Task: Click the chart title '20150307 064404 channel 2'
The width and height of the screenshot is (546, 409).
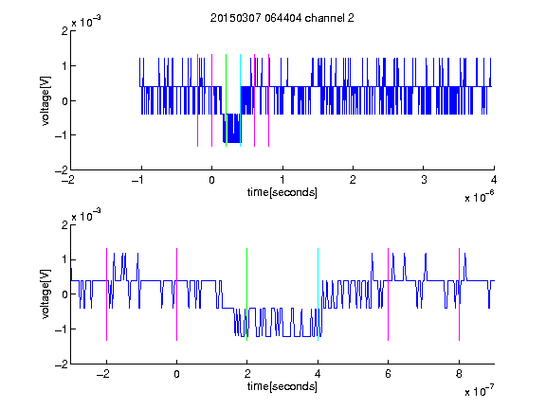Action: pyautogui.click(x=282, y=18)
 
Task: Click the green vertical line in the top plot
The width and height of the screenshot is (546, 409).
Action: pyautogui.click(x=226, y=100)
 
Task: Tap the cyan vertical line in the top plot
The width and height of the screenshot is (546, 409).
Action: pyautogui.click(x=240, y=100)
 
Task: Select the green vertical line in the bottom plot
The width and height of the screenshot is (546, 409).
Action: pyautogui.click(x=246, y=294)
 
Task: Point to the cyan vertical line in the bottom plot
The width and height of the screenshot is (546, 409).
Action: pyautogui.click(x=318, y=294)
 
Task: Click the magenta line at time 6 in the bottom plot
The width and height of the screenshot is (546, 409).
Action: pyautogui.click(x=389, y=294)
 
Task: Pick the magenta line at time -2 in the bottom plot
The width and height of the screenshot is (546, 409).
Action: pyautogui.click(x=106, y=294)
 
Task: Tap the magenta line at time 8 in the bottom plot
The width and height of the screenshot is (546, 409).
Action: pyautogui.click(x=460, y=294)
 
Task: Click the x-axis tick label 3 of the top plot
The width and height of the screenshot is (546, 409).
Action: pyautogui.click(x=424, y=180)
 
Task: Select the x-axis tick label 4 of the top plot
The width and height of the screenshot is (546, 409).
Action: pyautogui.click(x=494, y=180)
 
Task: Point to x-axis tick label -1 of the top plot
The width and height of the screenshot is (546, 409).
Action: pyautogui.click(x=138, y=180)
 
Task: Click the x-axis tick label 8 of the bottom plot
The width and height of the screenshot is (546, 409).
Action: pyautogui.click(x=459, y=374)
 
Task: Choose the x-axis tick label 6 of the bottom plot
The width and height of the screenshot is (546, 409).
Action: pyautogui.click(x=389, y=374)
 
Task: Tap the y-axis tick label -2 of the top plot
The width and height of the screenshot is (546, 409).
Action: pyautogui.click(x=62, y=170)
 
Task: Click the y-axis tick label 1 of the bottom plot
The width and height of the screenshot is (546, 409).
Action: pyautogui.click(x=64, y=259)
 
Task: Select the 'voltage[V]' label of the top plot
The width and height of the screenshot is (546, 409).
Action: pyautogui.click(x=45, y=101)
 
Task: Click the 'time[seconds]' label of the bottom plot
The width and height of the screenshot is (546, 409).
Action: pyautogui.click(x=282, y=386)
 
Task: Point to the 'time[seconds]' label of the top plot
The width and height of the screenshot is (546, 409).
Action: pyautogui.click(x=282, y=192)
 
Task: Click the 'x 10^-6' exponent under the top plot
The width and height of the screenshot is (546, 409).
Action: pyautogui.click(x=480, y=197)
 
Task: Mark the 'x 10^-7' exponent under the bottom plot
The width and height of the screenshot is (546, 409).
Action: pyautogui.click(x=480, y=391)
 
